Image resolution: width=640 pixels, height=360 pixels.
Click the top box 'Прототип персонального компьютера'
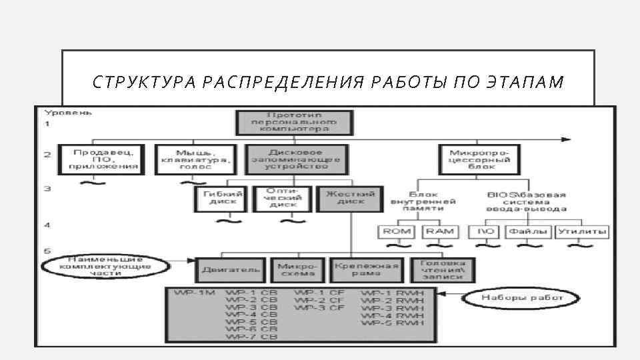pyautogui.click(x=293, y=123)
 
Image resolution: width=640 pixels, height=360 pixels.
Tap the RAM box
pyautogui.click(x=439, y=231)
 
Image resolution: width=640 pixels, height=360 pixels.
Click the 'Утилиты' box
pyautogui.click(x=583, y=231)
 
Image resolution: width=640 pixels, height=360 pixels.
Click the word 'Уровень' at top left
pyautogui.click(x=69, y=113)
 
